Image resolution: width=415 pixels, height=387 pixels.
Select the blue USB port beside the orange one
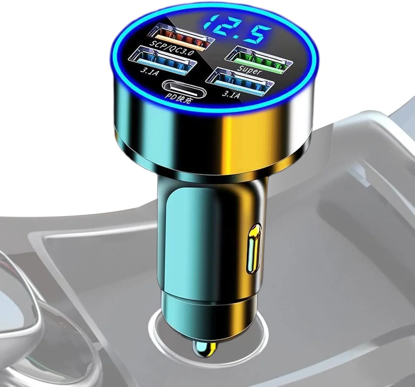[164, 60]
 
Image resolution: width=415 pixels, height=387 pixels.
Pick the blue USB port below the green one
[240, 82]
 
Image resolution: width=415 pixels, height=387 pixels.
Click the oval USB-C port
[184, 89]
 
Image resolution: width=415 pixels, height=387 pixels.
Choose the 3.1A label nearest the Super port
[230, 95]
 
